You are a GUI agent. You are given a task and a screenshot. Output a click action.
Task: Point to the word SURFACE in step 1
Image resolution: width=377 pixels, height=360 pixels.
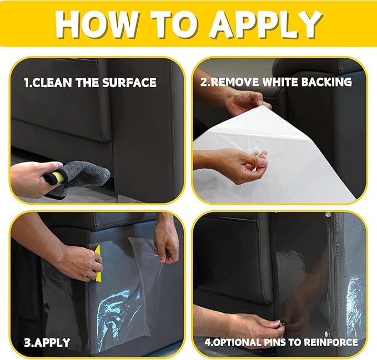click(129, 83)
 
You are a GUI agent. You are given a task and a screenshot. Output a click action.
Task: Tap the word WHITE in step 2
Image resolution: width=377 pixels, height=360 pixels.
click(280, 82)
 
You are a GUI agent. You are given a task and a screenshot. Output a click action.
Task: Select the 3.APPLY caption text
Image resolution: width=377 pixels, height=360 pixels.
click(47, 342)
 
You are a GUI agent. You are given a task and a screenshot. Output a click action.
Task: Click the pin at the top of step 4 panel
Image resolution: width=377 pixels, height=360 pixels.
click(327, 214)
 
